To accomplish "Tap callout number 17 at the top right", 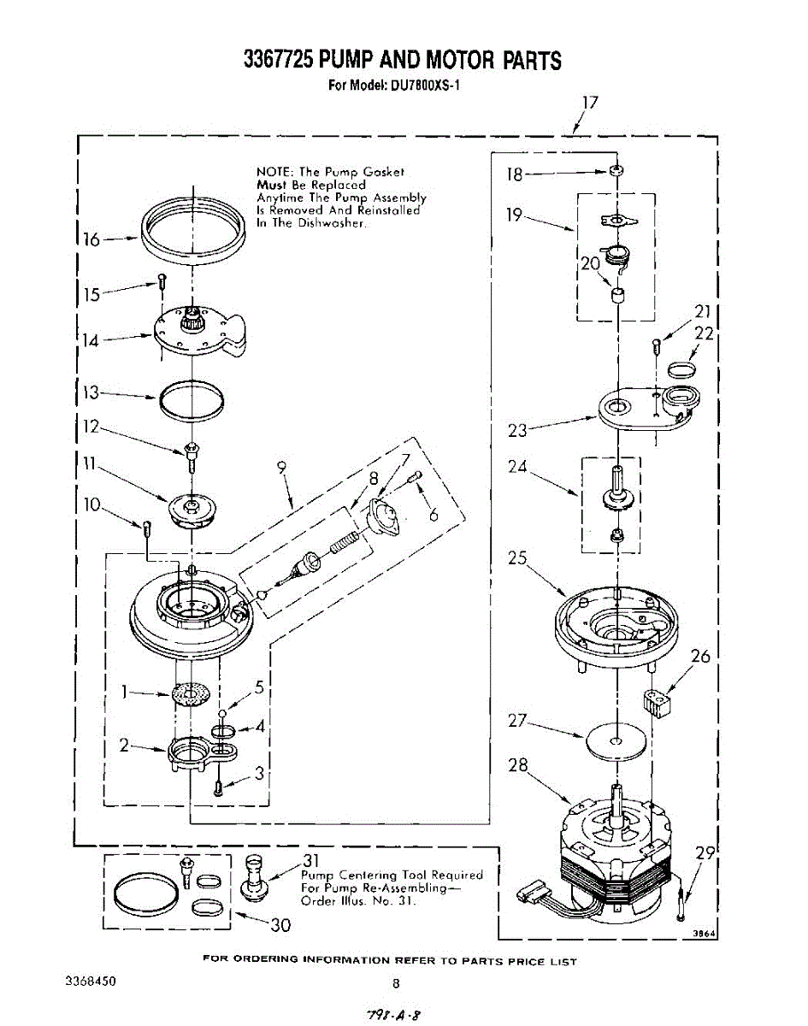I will pyautogui.click(x=589, y=103).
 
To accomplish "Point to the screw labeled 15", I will pyautogui.click(x=161, y=279).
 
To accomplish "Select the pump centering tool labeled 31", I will pyautogui.click(x=254, y=877).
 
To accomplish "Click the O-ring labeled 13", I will pyautogui.click(x=193, y=399).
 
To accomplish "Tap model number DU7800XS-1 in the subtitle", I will pyautogui.click(x=425, y=85).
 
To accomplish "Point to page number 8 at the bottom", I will pyautogui.click(x=396, y=983).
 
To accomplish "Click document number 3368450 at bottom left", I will pyautogui.click(x=90, y=981).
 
